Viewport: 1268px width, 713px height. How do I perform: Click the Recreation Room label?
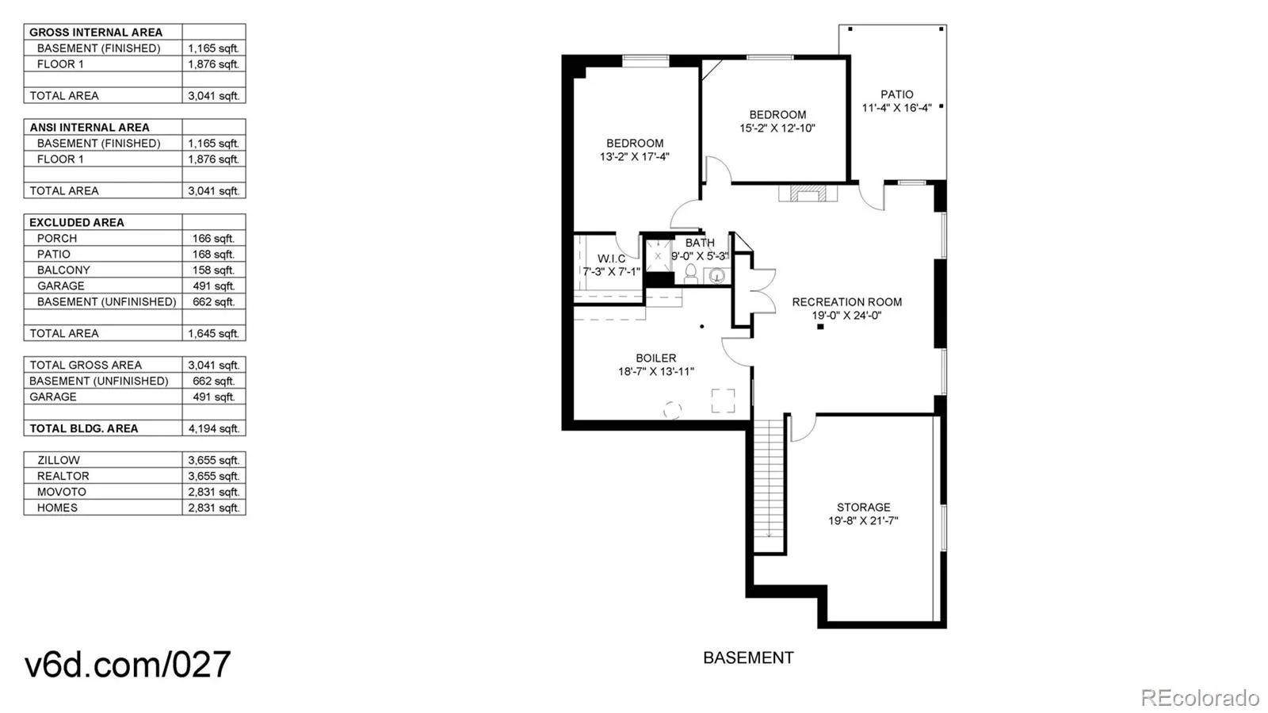pos(846,301)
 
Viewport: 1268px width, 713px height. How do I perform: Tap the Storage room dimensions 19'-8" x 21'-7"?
pos(863,521)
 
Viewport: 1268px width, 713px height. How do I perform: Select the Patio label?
pos(896,94)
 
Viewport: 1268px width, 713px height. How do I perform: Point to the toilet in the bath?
pos(691,274)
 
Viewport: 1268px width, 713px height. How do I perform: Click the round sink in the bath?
pos(716,276)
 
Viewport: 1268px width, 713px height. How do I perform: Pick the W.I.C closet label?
pos(611,259)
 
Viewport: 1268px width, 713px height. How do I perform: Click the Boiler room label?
pos(655,358)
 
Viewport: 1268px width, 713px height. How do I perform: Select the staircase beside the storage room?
pos(768,484)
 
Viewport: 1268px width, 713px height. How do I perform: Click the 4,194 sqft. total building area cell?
pos(213,428)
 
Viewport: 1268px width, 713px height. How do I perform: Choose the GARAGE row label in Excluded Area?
pos(60,286)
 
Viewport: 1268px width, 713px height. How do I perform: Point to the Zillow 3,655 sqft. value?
pos(213,460)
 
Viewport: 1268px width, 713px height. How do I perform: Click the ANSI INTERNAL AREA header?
pos(90,127)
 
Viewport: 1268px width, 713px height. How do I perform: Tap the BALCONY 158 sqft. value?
pos(213,270)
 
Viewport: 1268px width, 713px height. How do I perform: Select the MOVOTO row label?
pos(61,492)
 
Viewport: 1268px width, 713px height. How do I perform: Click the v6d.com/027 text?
pos(128,664)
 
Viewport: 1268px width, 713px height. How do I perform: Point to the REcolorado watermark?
pos(1199,697)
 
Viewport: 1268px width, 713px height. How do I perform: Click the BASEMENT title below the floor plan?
pos(748,657)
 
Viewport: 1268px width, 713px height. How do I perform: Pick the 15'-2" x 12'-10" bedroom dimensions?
pos(777,128)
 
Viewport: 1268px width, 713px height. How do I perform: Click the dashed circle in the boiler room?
pos(672,409)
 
